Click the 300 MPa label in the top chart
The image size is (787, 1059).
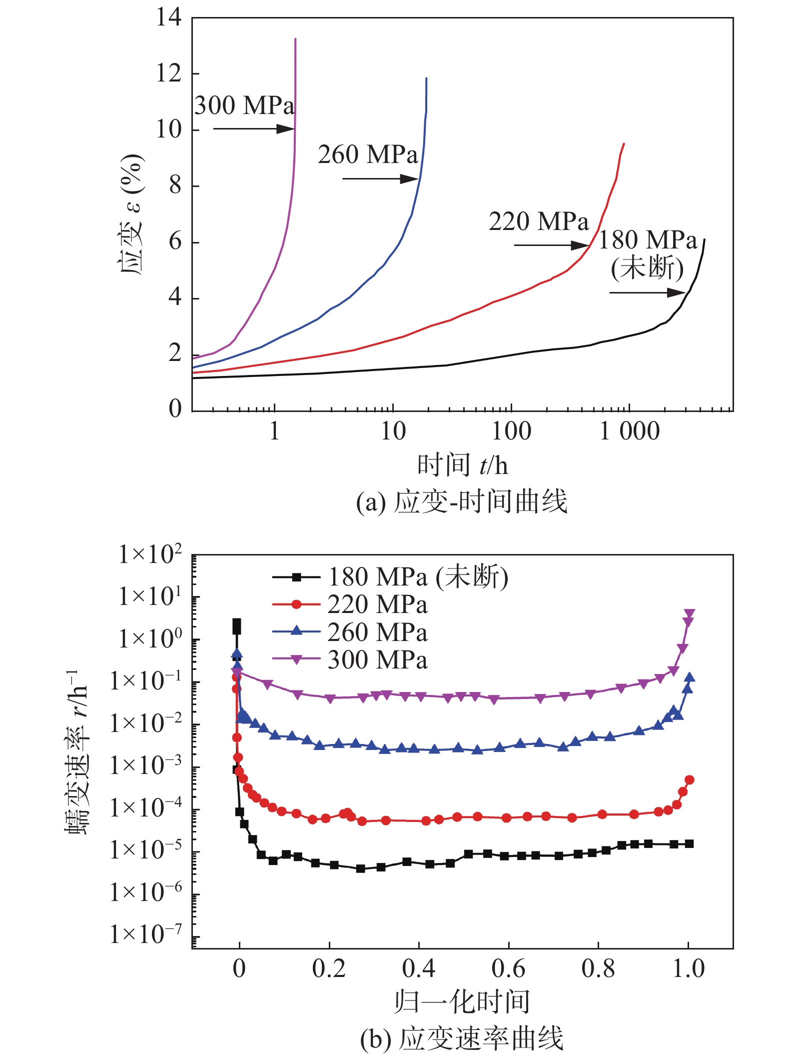tap(244, 106)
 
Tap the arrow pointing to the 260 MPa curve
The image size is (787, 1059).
tap(380, 178)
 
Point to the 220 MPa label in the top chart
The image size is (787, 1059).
tap(539, 221)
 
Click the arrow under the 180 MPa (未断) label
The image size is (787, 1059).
tap(647, 292)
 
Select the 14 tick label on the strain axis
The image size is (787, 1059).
tap(168, 17)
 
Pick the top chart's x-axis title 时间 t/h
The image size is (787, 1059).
tap(462, 465)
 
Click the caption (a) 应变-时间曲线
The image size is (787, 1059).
tap(462, 501)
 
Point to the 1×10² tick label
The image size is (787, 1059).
tap(149, 555)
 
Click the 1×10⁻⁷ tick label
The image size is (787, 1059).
tap(145, 934)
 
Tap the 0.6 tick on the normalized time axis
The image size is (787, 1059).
tap(508, 969)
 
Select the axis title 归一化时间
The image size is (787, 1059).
tap(462, 1001)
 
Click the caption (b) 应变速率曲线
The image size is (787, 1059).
tap(462, 1038)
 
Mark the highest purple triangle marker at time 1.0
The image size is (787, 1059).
tap(690, 613)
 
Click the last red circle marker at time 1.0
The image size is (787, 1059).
tap(690, 779)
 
